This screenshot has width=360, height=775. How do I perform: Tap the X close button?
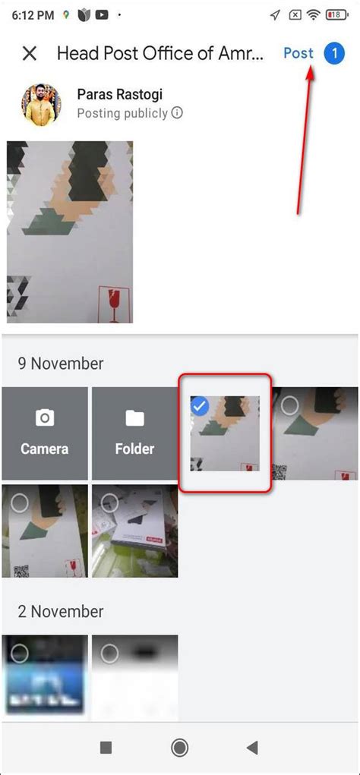coord(30,53)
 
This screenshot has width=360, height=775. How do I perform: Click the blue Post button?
coord(298,53)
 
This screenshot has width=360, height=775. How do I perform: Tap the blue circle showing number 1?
coord(334,53)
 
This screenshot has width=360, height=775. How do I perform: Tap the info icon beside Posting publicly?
coord(177,113)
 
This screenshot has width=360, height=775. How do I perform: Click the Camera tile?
coord(45,433)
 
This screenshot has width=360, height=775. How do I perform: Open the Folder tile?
coord(134,433)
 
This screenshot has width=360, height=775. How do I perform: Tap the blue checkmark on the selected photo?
coord(199,406)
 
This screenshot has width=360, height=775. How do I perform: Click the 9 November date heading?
coord(61,363)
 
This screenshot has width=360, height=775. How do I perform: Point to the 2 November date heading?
coord(61,611)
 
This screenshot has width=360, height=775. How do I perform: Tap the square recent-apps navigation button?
coord(106,748)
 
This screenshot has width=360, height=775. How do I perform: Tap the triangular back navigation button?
coord(252,748)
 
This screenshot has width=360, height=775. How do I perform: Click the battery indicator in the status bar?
coord(334,14)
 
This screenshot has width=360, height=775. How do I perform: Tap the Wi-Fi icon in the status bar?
coord(314,14)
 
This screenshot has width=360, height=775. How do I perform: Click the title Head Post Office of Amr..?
coord(160,53)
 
